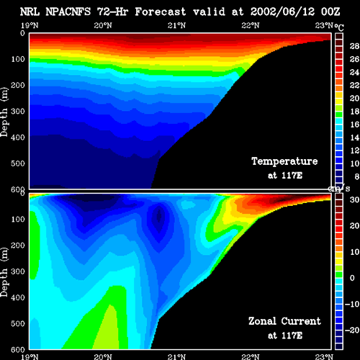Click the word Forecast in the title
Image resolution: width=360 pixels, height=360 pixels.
161,12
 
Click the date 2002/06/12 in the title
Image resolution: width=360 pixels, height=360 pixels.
282,12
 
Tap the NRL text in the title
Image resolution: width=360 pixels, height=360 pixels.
30,12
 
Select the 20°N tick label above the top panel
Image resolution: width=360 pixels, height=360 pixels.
103,25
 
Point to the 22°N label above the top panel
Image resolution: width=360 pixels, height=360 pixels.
251,25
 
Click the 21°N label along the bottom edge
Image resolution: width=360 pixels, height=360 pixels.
176,357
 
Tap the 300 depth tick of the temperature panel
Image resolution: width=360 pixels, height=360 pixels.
18,112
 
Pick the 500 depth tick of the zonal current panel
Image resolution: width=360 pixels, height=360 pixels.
18,323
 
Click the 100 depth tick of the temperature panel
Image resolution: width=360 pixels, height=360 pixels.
18,59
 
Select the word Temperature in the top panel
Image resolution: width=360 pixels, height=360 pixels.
284,161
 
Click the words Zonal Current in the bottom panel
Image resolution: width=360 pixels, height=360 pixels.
284,321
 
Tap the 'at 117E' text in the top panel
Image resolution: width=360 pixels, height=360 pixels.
285,176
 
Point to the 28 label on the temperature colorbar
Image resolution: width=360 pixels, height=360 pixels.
354,46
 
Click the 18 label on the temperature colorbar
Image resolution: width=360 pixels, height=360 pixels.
354,112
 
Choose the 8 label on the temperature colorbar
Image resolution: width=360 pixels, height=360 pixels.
356,176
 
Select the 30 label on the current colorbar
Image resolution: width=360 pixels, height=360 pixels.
354,199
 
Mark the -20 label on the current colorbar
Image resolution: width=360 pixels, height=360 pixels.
352,330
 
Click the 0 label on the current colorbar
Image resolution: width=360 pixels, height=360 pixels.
352,278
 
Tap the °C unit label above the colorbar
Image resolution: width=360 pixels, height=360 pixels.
339,27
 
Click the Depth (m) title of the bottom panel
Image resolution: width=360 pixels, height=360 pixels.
4,272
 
